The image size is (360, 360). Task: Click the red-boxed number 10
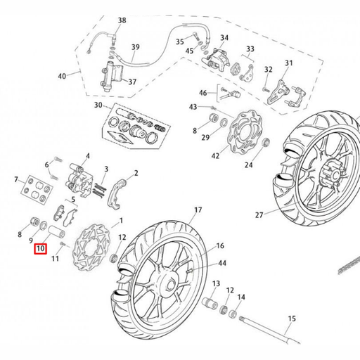tap(41, 249)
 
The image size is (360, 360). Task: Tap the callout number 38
tap(122, 20)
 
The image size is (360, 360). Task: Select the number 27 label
tap(259, 215)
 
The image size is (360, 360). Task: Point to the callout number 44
tap(222, 263)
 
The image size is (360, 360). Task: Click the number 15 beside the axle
tap(292, 319)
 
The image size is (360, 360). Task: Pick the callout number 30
tap(98, 105)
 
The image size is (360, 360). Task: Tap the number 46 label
tap(203, 93)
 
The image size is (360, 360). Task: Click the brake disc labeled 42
tap(245, 133)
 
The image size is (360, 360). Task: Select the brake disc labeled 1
tap(91, 247)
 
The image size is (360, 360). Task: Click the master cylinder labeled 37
tap(112, 76)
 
